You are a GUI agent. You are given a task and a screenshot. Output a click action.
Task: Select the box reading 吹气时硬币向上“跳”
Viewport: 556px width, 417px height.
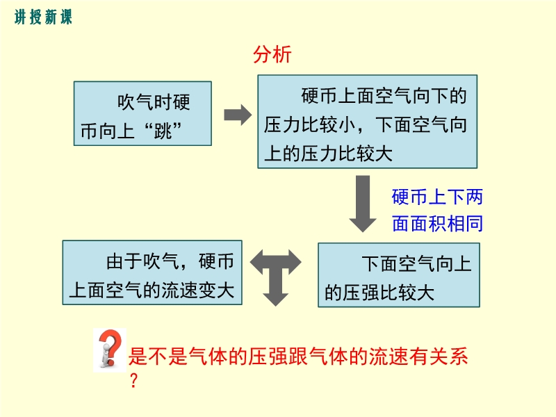click(142, 113)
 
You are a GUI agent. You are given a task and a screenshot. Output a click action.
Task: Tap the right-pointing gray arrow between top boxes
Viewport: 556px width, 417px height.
click(237, 115)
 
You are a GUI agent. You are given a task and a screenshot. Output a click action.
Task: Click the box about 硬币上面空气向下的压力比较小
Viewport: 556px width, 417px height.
click(367, 122)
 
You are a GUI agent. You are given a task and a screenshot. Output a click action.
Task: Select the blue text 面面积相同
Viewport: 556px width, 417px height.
click(437, 224)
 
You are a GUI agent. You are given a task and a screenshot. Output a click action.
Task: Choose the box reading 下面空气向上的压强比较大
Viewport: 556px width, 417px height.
click(398, 275)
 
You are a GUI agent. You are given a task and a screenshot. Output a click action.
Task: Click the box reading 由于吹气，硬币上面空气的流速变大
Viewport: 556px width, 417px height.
click(152, 272)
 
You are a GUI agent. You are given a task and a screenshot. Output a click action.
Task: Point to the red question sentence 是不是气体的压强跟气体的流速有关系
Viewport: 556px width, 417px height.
click(299, 357)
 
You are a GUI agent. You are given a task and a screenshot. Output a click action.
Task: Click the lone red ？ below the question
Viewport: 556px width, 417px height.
click(134, 381)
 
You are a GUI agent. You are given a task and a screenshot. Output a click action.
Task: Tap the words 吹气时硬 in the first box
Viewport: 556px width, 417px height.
click(154, 103)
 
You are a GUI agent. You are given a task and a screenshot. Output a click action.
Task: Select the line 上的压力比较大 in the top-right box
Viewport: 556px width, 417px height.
click(329, 153)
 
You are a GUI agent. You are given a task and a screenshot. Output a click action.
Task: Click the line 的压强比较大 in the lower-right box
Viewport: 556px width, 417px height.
click(379, 293)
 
